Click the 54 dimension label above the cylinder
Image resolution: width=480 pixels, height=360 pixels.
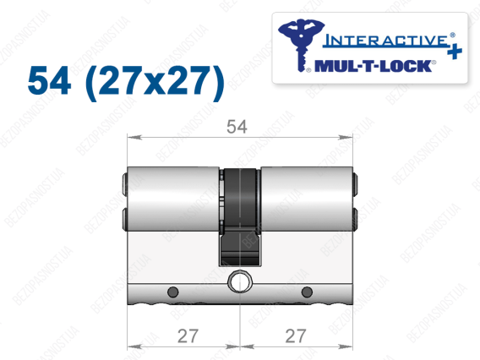[237, 127]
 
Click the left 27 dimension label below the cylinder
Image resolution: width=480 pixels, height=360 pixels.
[188, 335]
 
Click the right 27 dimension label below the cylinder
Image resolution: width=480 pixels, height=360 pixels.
[296, 335]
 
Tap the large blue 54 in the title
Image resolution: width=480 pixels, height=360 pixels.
[49, 81]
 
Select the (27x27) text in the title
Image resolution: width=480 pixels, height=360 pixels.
[155, 83]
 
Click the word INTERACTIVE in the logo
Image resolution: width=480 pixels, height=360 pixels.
[385, 41]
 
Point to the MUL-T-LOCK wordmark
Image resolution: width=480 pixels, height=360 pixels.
[374, 66]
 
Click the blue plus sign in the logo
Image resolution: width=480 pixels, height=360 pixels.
[455, 52]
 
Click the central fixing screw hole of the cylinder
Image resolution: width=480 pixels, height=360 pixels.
[240, 281]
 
